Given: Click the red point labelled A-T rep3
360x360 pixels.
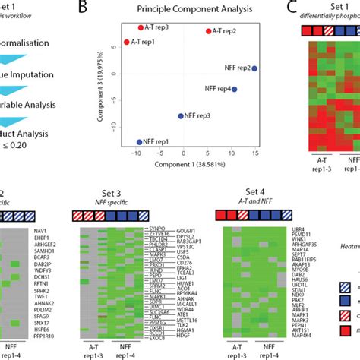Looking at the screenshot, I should point(141,27).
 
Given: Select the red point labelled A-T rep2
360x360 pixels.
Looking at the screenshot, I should point(208,31).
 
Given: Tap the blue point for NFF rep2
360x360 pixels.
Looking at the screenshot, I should point(254,68).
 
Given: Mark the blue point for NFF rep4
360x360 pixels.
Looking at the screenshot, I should point(235,89).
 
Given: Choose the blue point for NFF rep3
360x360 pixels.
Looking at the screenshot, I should point(181,116).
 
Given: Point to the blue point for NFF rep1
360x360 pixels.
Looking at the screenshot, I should point(139,141).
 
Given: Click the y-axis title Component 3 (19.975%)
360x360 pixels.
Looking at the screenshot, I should point(99,84).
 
